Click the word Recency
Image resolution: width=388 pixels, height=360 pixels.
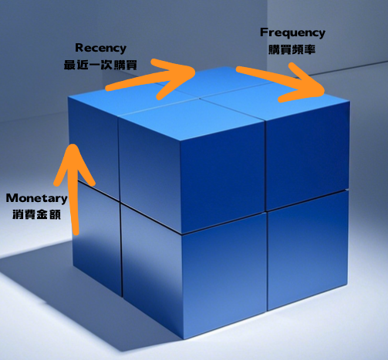click(100, 48)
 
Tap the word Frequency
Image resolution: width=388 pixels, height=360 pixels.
click(292, 32)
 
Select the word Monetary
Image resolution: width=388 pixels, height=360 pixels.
click(37, 198)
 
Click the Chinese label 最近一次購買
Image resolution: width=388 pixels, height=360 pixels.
click(100, 65)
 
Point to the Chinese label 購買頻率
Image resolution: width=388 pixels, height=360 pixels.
click(292, 49)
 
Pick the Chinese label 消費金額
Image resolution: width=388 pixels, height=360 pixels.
click(36, 214)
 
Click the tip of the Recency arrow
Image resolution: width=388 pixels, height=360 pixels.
click(194, 71)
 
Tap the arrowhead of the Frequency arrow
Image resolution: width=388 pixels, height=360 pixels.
click(324, 92)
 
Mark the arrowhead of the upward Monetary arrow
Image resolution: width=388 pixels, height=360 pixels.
click(73, 146)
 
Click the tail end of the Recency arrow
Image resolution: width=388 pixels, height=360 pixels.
click(107, 89)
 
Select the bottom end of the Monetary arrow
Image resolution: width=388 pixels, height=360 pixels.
click(76, 233)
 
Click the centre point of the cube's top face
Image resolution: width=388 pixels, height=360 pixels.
click(200, 98)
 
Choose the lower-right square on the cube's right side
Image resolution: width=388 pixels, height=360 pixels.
click(308, 251)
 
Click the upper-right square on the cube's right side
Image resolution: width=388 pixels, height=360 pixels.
click(308, 155)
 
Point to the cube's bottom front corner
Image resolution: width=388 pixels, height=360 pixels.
click(184, 340)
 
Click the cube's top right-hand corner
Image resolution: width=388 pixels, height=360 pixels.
click(350, 102)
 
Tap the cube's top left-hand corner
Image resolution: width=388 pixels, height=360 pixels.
click(68, 97)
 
